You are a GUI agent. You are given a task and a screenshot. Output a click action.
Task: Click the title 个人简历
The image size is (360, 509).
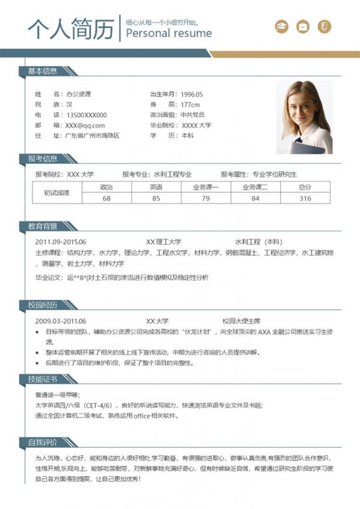70,27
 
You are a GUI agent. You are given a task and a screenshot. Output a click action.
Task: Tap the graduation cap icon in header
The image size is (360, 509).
281,26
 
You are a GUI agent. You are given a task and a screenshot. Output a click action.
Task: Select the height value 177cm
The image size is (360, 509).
190,104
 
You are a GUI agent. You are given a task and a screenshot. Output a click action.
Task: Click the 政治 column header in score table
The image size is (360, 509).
106,188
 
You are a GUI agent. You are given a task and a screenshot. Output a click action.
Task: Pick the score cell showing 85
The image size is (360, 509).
156,199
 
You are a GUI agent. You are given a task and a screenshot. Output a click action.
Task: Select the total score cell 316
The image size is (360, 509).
305,199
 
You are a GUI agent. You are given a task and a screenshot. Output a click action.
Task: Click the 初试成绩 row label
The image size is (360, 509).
57,193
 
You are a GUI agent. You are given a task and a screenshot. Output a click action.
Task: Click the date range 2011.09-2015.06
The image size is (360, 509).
60,242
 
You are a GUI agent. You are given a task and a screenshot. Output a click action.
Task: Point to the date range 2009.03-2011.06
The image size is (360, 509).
60,321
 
